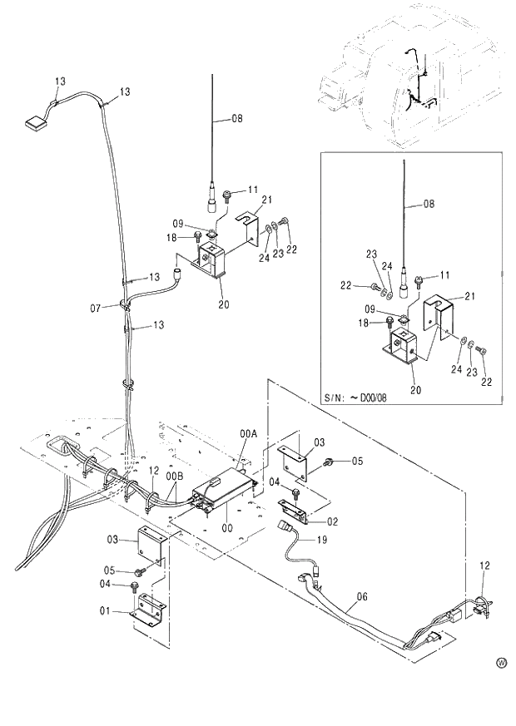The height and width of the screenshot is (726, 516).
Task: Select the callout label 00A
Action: point(248,434)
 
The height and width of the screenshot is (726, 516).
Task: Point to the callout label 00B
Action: point(174,476)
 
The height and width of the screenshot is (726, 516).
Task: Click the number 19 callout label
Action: point(321,540)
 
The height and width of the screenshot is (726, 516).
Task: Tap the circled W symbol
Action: point(501,663)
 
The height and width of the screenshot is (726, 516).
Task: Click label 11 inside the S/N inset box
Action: point(444,274)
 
